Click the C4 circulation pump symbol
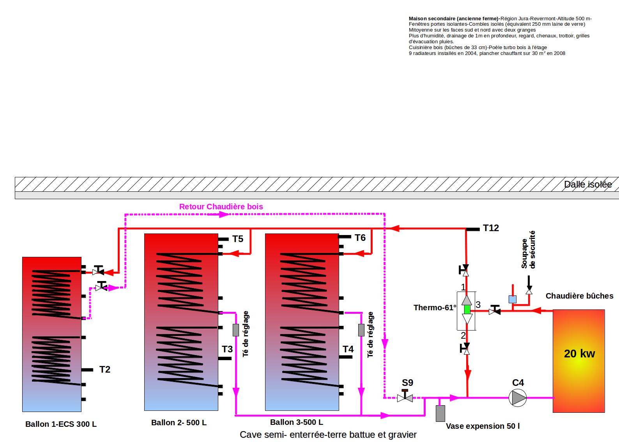pos(518,398)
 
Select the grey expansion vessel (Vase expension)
pos(440,413)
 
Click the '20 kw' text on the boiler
pos(579,354)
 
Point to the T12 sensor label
pos(491,228)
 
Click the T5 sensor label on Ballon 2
pos(238,239)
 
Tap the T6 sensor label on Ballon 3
pos(360,238)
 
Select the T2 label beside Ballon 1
pos(105,370)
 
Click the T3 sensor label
pos(227,349)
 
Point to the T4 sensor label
pos(348,349)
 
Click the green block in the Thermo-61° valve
pos(467,309)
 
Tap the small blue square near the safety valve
pos(513,299)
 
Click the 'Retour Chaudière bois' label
pos(221,207)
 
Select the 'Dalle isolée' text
pos(588,184)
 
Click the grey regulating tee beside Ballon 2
pos(236,330)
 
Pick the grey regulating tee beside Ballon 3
pos(361,330)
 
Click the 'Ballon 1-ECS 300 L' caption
pos(61,424)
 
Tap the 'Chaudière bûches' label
pos(580,296)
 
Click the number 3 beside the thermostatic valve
pos(478,304)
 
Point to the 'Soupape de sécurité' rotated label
pos(528,249)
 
